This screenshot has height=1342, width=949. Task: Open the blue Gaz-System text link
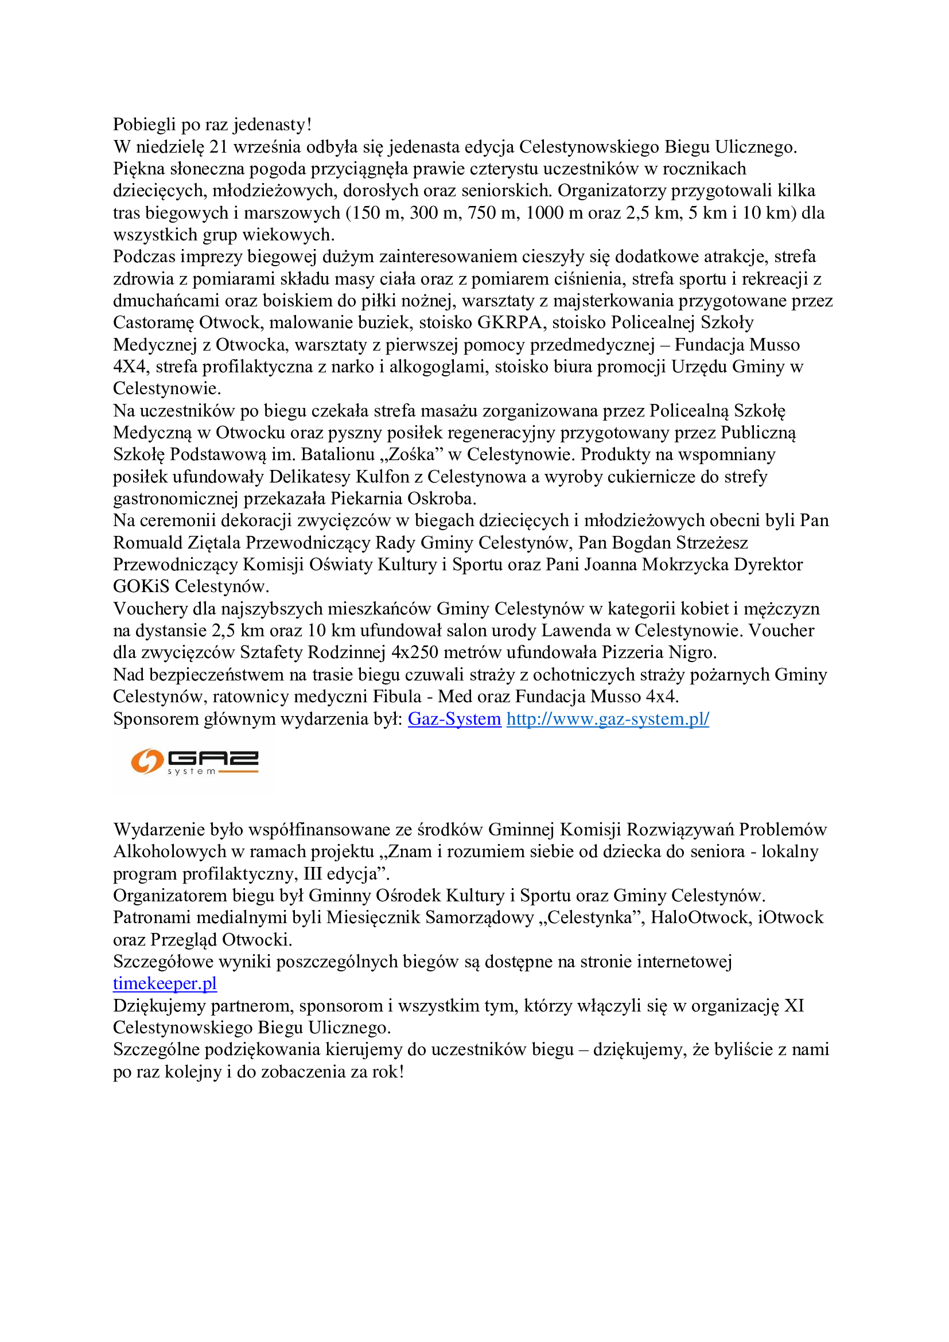pos(454,719)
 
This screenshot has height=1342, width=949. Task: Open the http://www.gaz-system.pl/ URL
pos(608,719)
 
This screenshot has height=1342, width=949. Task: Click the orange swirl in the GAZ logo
pos(146,761)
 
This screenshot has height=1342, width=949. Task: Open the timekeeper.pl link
pos(165,984)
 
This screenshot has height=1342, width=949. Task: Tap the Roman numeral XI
pos(794,1006)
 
